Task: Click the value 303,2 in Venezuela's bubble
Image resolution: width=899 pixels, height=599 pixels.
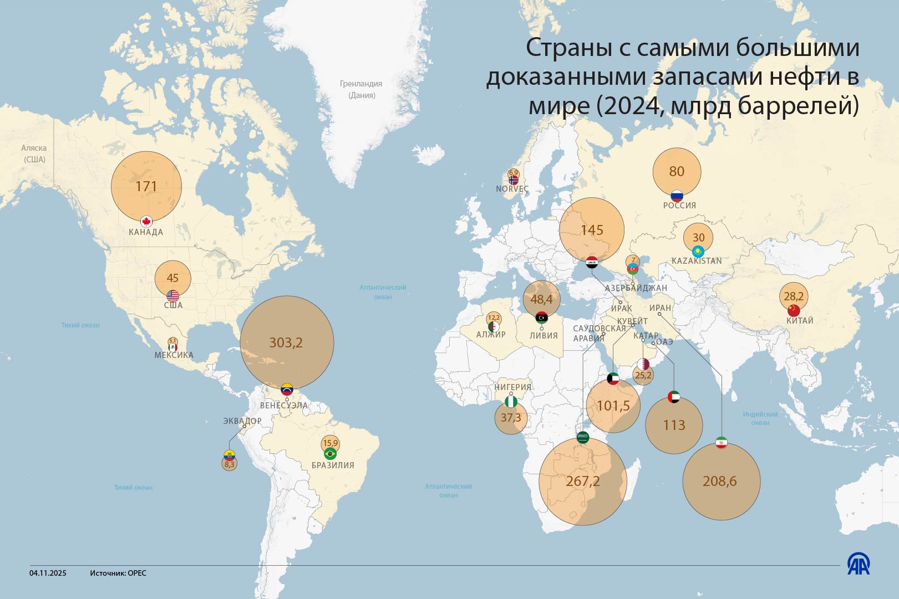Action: [x=286, y=343]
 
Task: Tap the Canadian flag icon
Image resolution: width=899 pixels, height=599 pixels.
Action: [x=146, y=222]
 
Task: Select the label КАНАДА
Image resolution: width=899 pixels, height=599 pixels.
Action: [x=146, y=232]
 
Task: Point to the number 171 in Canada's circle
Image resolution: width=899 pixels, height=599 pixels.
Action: [x=146, y=187]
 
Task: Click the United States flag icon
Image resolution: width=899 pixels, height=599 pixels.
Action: [x=172, y=295]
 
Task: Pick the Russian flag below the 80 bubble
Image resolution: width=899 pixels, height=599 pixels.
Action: [x=677, y=196]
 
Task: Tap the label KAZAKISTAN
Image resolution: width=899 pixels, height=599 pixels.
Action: [x=697, y=261]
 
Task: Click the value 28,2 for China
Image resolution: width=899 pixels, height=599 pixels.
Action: [x=794, y=297]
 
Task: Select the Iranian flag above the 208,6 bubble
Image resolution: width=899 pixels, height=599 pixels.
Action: [x=721, y=442]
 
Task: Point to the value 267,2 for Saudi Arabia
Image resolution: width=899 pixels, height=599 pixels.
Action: [x=583, y=482]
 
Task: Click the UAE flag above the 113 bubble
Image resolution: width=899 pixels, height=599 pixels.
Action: [x=674, y=397]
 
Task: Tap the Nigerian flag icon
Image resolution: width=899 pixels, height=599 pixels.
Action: [x=511, y=401]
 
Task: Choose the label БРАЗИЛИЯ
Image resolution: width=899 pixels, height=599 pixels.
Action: [x=333, y=465]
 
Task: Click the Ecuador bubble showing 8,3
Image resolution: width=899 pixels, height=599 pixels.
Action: [x=230, y=465]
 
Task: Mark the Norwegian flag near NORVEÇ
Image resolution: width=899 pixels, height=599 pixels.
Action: [x=514, y=180]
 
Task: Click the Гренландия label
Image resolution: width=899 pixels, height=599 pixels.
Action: [x=361, y=84]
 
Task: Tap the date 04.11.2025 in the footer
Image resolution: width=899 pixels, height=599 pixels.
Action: [x=48, y=573]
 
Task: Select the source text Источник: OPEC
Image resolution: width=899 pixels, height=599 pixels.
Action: [x=118, y=573]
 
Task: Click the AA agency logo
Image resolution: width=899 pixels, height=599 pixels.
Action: [x=859, y=564]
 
